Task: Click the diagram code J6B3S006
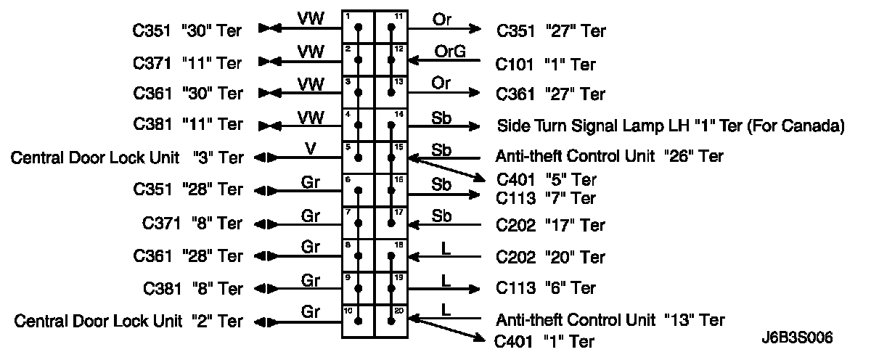(796, 338)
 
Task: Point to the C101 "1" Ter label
(546, 64)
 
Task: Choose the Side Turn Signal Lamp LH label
(670, 126)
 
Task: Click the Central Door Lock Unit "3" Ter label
(126, 157)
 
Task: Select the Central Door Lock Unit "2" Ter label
(128, 320)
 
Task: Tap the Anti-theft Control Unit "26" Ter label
(610, 156)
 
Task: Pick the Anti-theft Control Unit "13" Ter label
(610, 319)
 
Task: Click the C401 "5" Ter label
(546, 179)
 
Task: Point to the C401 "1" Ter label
(544, 341)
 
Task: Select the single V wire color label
(310, 148)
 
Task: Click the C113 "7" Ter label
(546, 197)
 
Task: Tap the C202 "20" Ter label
(550, 257)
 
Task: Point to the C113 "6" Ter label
(546, 287)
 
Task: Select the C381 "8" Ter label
(192, 288)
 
